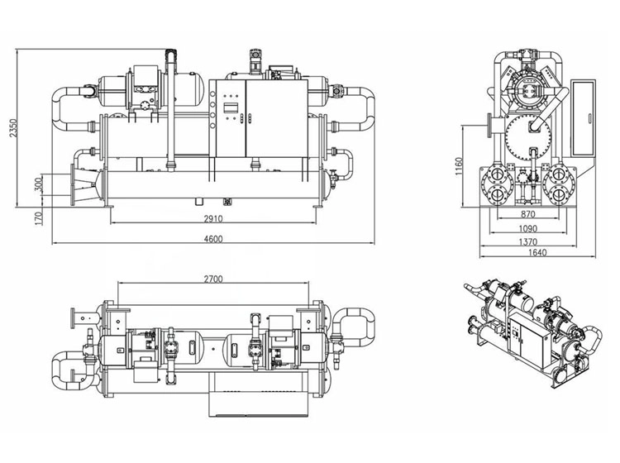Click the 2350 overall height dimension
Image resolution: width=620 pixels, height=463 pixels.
(x=14, y=127)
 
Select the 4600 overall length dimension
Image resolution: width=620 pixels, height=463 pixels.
(x=213, y=239)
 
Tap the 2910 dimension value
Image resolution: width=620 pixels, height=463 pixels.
(x=213, y=218)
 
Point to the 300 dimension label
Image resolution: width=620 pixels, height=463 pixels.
(x=39, y=184)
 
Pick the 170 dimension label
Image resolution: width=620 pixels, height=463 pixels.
(x=39, y=218)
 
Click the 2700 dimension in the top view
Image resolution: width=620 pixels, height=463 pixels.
(x=213, y=279)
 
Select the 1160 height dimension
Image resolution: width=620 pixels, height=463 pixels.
(x=458, y=167)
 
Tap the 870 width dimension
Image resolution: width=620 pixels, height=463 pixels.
(x=528, y=214)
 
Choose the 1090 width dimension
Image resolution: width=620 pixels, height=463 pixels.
(x=528, y=228)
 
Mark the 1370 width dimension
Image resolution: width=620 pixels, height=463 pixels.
(x=528, y=242)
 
